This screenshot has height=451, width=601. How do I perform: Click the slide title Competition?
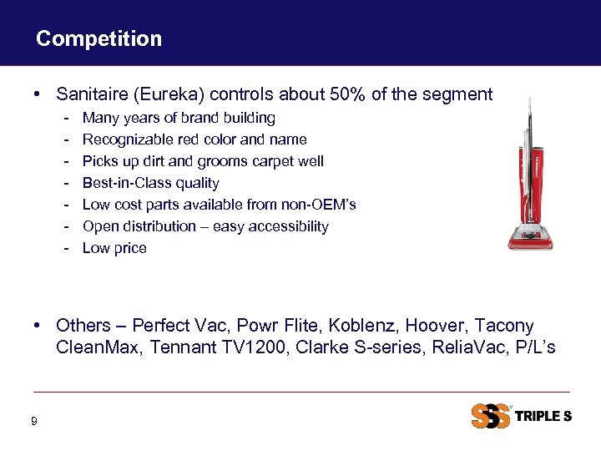[98, 38]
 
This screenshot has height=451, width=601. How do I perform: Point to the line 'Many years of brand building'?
[179, 118]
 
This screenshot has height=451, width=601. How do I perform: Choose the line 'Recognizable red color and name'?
[194, 139]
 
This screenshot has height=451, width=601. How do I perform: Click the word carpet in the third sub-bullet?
[275, 161]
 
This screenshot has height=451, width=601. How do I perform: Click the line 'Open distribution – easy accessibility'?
[205, 226]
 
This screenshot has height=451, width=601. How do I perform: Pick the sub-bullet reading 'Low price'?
[114, 248]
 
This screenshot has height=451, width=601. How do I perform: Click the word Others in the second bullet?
[83, 325]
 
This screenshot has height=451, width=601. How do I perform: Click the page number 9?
[33, 422]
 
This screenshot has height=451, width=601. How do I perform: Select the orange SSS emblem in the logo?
[491, 416]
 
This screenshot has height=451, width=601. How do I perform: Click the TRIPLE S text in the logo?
[543, 416]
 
